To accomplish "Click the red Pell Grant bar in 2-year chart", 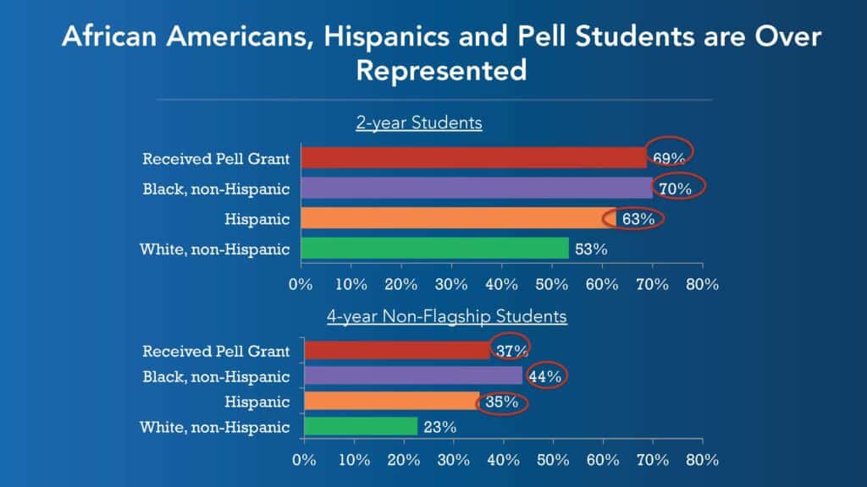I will pos(474,158).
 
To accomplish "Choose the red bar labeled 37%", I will pos(397,350).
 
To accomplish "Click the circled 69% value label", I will pos(668,158).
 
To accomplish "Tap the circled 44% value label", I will pos(545,376).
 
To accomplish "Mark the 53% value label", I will pos(591,249).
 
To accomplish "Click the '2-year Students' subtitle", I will pos(418,123).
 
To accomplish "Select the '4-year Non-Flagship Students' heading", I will pos(447,317).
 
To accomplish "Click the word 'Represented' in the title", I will pos(441,70).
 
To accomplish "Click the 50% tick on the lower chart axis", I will pos(553,461).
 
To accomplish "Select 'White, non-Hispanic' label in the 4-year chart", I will pos(216,428).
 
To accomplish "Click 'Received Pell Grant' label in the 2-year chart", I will pos(216,158).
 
